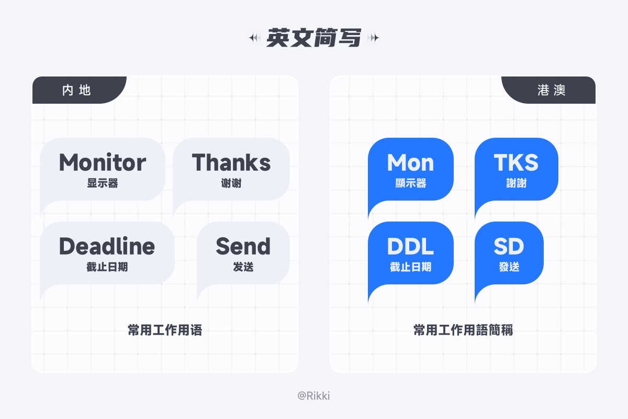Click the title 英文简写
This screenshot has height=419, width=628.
(x=313, y=38)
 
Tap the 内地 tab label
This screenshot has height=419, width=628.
(x=76, y=90)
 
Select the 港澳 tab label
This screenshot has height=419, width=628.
(x=551, y=90)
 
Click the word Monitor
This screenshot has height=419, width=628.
(x=103, y=162)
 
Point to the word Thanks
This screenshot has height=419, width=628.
(x=231, y=162)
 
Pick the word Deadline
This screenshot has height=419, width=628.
(x=107, y=246)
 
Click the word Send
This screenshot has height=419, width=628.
(x=243, y=246)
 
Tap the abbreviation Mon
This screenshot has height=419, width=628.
(x=410, y=163)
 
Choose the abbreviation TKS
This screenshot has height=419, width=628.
(x=516, y=163)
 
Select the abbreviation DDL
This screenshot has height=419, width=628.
(x=410, y=247)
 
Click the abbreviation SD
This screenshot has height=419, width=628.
(x=509, y=247)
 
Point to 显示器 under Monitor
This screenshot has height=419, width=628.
(x=103, y=183)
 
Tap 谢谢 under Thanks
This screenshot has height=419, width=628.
(x=231, y=183)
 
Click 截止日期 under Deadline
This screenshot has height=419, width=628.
(x=107, y=267)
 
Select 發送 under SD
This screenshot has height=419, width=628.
(x=509, y=267)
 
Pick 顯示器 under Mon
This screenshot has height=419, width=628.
(x=410, y=183)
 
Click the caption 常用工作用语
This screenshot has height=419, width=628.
(x=165, y=330)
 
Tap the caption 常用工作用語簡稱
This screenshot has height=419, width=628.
(x=463, y=330)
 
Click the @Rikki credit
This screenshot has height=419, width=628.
(x=313, y=396)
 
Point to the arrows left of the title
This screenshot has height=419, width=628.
(x=255, y=38)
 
